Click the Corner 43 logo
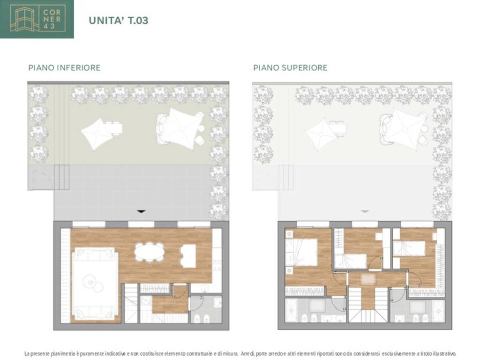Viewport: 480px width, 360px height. pyautogui.click(x=37, y=19)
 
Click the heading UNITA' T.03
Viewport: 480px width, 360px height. pyautogui.click(x=119, y=21)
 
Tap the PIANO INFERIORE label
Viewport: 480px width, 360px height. pyautogui.click(x=64, y=67)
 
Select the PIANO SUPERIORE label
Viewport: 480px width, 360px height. pyautogui.click(x=290, y=67)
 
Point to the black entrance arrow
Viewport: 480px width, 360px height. pyautogui.click(x=141, y=211)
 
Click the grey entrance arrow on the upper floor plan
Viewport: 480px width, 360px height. pyautogui.click(x=365, y=211)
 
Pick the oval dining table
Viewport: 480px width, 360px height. pyautogui.click(x=150, y=252)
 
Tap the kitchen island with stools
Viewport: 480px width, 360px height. pyautogui.click(x=188, y=256)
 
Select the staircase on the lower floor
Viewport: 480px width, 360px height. pyautogui.click(x=131, y=303)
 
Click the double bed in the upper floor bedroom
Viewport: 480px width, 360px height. pyautogui.click(x=301, y=252)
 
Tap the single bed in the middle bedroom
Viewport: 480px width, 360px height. pyautogui.click(x=351, y=261)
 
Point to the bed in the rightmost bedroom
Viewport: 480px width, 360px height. pyautogui.click(x=409, y=248)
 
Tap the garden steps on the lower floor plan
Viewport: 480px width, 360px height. pyautogui.click(x=62, y=177)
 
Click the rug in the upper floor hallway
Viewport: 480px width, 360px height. pyautogui.click(x=368, y=279)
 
